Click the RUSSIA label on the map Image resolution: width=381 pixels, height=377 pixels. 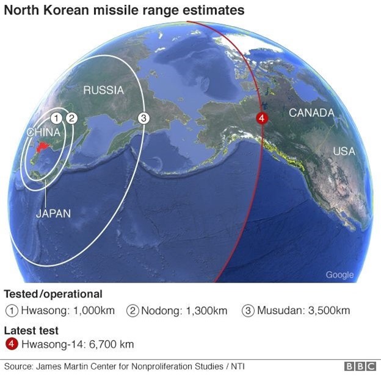tap(103, 90)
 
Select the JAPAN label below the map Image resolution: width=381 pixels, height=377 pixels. tap(53, 213)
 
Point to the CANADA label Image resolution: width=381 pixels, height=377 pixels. tap(311, 113)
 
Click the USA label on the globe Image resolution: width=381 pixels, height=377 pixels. tap(344, 151)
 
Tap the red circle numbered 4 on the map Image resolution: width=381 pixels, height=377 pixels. tap(261, 118)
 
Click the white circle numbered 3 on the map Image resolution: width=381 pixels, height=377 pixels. tap(143, 118)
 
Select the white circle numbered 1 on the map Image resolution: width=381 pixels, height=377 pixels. tap(56, 118)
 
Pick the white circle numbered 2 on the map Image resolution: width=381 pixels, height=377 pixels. tap(70, 118)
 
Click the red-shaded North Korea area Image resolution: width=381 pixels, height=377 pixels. tap(43, 146)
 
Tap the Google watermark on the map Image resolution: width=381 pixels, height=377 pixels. tap(339, 275)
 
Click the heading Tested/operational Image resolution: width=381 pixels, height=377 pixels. tap(53, 294)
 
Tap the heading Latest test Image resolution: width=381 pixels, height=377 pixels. tap(32, 330)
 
